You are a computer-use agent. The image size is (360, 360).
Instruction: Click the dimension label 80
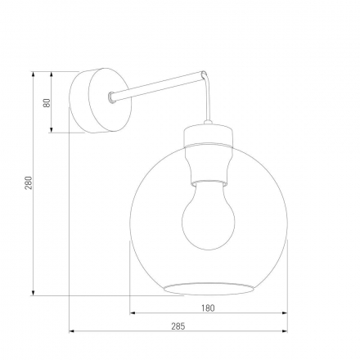coord(47,103)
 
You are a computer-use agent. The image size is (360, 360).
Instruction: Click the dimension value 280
coord(27,183)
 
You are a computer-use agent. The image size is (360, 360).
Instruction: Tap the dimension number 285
coord(178,326)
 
